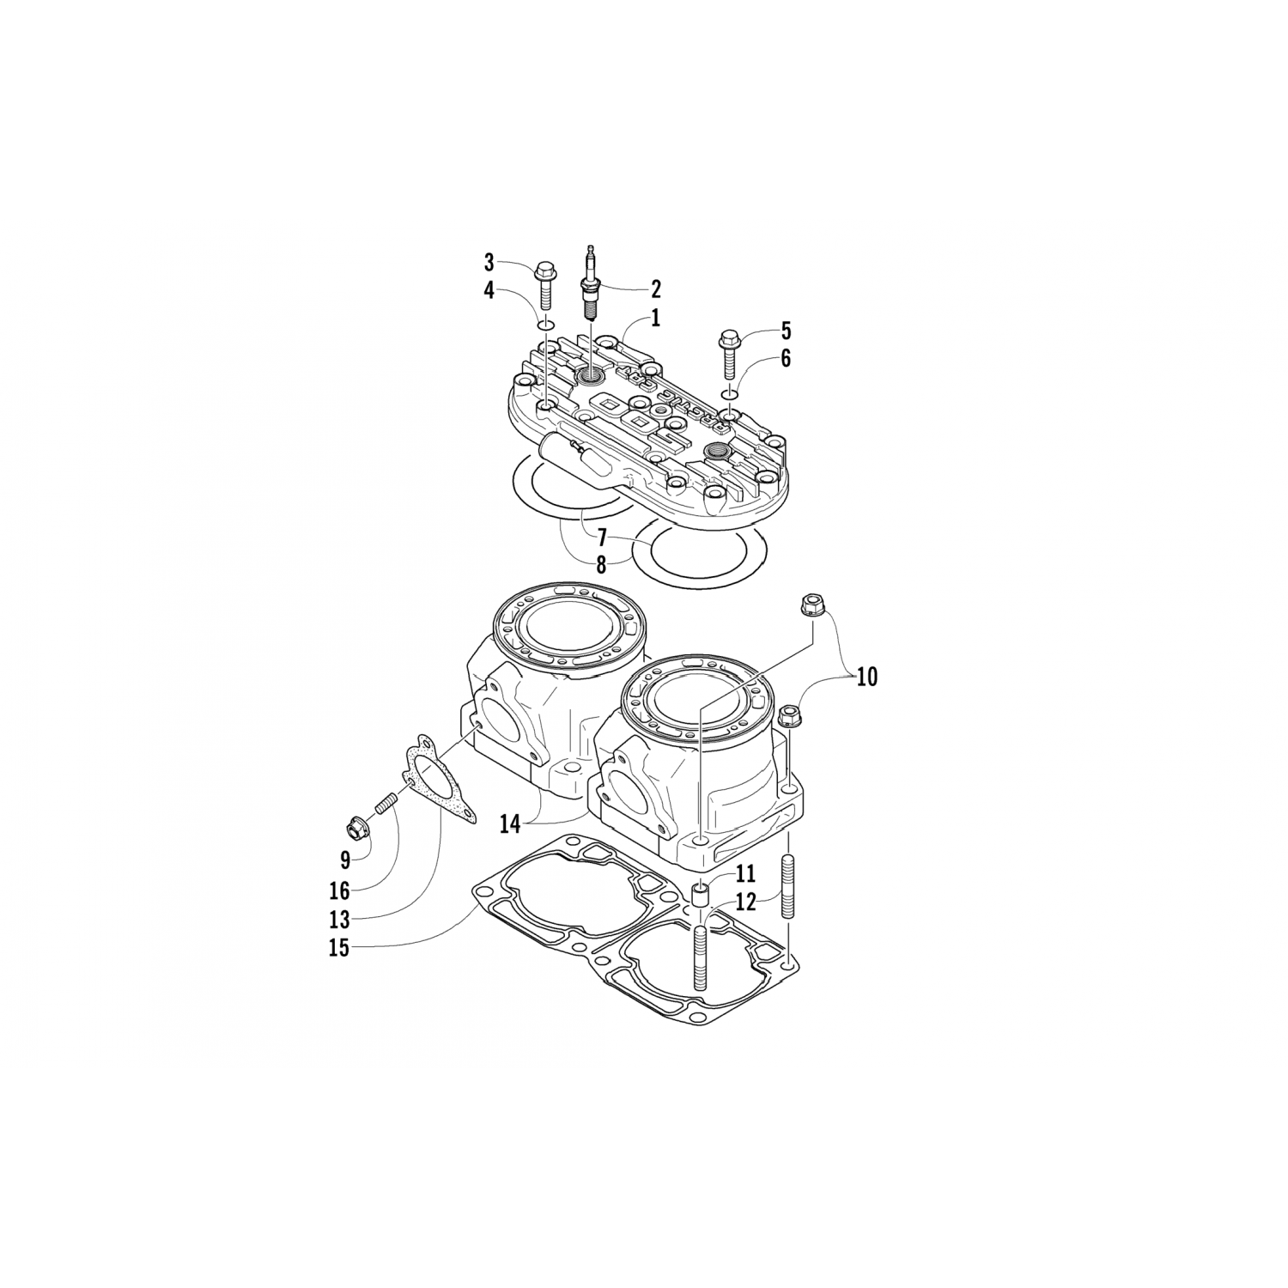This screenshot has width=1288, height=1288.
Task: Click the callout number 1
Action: coord(655,319)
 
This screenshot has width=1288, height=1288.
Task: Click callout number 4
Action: coord(489,291)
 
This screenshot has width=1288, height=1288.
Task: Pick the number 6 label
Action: coord(785,359)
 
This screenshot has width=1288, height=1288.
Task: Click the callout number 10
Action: coord(866,677)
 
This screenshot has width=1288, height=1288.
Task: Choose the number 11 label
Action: coord(744,874)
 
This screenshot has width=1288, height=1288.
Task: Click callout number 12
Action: coord(745,902)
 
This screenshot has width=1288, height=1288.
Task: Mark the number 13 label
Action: coord(340,920)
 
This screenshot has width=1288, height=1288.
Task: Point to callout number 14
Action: coord(510,824)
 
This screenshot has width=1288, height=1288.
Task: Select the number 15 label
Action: coord(340,950)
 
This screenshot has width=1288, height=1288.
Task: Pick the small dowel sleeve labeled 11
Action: coord(700,898)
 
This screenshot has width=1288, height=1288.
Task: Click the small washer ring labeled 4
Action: coord(544,325)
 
